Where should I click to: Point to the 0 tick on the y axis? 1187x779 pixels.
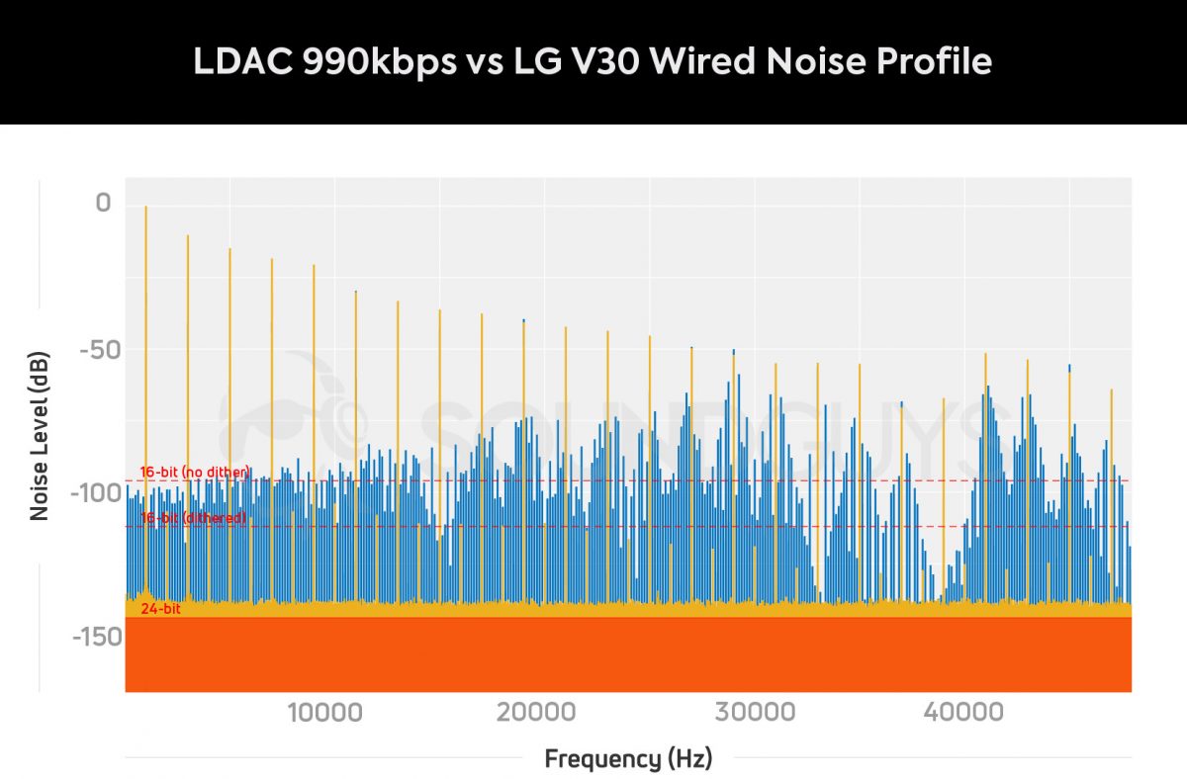103,205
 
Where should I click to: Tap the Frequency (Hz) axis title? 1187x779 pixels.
627,759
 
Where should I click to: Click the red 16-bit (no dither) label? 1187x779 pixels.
194,473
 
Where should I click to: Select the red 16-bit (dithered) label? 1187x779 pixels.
193,518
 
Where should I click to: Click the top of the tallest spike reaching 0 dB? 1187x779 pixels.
145,208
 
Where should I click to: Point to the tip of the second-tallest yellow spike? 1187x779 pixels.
188,236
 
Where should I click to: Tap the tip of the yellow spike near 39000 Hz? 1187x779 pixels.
944,399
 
